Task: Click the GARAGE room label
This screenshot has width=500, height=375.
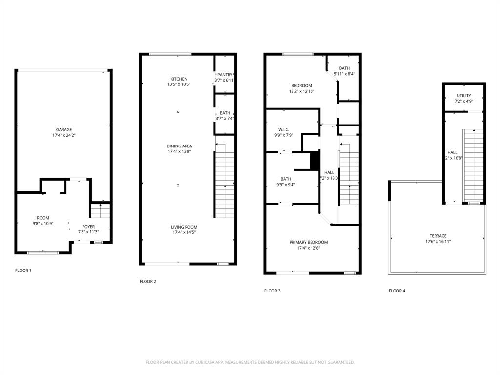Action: click(x=63, y=129)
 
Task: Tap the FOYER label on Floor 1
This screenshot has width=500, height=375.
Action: click(x=88, y=227)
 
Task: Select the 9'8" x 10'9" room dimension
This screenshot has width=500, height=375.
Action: click(x=43, y=224)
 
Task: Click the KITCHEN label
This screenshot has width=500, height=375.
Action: click(x=179, y=79)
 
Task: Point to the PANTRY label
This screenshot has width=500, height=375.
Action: click(x=225, y=74)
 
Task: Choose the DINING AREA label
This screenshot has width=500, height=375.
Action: click(x=179, y=146)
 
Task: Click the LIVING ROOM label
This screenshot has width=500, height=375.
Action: click(x=184, y=227)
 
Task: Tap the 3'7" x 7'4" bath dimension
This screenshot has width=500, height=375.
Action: click(x=225, y=118)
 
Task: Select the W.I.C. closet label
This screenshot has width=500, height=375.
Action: click(x=284, y=129)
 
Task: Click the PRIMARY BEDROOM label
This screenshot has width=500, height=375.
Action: click(x=308, y=242)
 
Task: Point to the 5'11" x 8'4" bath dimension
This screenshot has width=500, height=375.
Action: click(x=344, y=74)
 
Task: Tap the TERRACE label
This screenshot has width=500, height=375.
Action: click(x=438, y=236)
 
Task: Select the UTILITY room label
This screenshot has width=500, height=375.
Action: click(x=464, y=95)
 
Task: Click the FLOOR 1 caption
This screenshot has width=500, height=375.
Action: click(x=23, y=270)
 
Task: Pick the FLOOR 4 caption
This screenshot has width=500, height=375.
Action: click(x=396, y=291)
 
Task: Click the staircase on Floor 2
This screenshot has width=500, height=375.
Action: click(x=224, y=181)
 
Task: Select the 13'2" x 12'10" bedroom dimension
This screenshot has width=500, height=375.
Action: click(x=301, y=91)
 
